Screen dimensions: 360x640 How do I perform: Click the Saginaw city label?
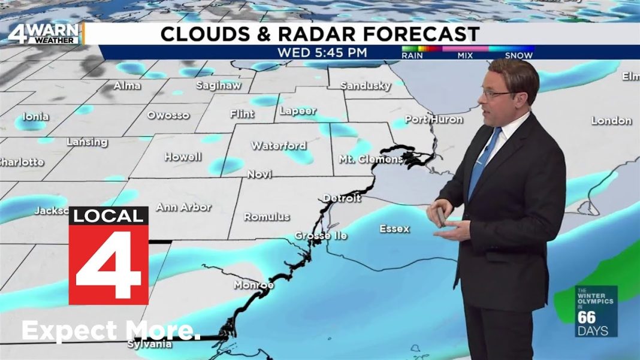tap(218, 86)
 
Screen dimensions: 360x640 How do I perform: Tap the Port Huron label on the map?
tap(434, 119)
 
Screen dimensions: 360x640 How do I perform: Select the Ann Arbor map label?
tap(183, 207)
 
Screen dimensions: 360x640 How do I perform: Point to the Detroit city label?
tap(342, 198)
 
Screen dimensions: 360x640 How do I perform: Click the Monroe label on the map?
tap(253, 285)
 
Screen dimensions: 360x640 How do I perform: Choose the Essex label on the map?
tap(394, 229)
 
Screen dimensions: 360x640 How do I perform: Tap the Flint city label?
tap(242, 114)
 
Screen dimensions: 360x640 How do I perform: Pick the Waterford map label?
tap(278, 146)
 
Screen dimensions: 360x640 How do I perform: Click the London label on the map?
tap(611, 120)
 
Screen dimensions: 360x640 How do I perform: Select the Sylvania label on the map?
tap(150, 344)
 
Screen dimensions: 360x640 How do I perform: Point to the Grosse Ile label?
tap(321, 236)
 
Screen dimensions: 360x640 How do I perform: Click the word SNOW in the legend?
tap(519, 56)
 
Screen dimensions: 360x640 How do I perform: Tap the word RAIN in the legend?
tap(412, 56)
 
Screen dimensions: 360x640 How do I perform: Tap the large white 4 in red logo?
tap(108, 264)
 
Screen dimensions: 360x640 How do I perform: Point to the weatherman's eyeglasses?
tap(497, 93)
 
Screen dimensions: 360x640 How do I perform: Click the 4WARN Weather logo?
tap(43, 34)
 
